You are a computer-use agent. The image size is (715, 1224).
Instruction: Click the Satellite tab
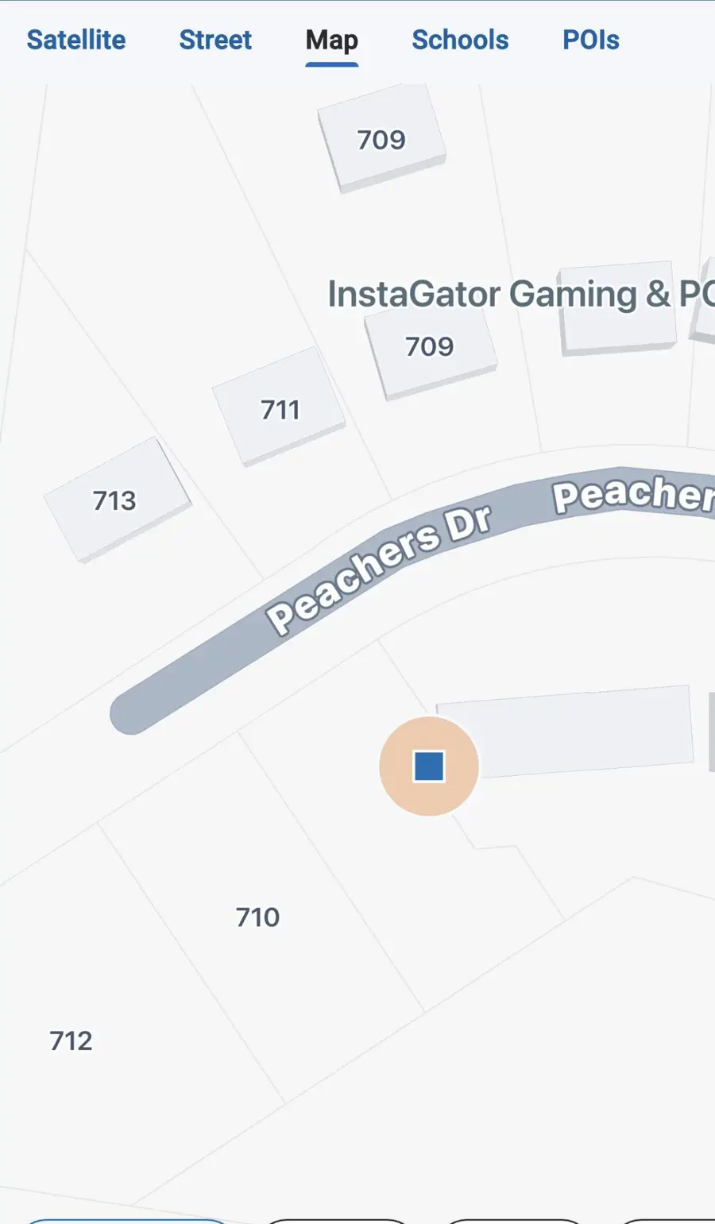pos(76,40)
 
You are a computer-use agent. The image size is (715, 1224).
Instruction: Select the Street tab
pos(215,40)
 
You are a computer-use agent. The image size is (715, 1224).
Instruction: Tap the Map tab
pos(332,40)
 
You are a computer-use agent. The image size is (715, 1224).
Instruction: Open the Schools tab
pos(460,40)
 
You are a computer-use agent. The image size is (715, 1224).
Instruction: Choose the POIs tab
pos(591,40)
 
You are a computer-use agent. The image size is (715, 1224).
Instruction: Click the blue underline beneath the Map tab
pos(332,64)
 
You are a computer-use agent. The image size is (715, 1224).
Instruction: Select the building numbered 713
pos(116,500)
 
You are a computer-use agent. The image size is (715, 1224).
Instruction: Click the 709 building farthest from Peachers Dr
pos(381,139)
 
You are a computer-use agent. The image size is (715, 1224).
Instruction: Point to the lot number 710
pos(258,917)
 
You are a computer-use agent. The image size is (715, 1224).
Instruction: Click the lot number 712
pos(71,1041)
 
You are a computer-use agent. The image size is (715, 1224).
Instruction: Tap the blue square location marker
pos(429,766)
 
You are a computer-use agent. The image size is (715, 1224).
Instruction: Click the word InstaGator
pos(413,294)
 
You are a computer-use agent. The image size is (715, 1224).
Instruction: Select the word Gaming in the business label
pos(573,294)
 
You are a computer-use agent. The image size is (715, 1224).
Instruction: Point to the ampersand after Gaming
pos(658,294)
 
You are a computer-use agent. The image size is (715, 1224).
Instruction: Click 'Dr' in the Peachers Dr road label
pos(470,524)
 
